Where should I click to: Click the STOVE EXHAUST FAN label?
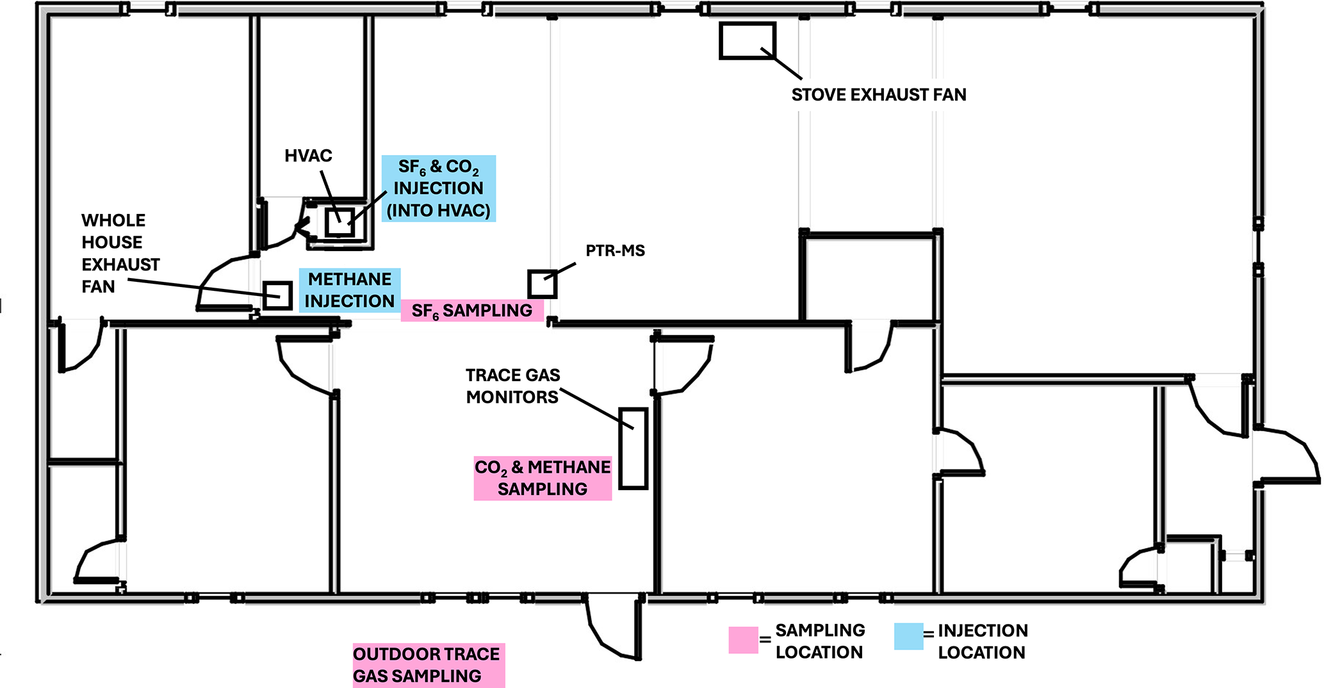tap(878, 95)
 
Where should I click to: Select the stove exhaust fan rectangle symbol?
tap(747, 41)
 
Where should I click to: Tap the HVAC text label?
tap(308, 156)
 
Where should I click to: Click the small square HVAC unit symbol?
tap(339, 222)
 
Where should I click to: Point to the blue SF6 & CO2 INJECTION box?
tap(439, 188)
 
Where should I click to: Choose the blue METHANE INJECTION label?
tap(350, 290)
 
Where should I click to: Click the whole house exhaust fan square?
tap(277, 295)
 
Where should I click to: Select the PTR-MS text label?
tap(615, 250)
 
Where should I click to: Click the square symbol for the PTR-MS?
tap(542, 284)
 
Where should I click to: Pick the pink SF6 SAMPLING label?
tap(472, 311)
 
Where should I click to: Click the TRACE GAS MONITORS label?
tap(512, 386)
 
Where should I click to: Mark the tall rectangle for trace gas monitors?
tap(633, 448)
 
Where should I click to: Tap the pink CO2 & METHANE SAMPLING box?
tap(543, 478)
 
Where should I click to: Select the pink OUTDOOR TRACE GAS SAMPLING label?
tap(428, 665)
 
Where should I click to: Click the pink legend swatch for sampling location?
tap(743, 640)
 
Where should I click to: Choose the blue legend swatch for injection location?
tap(908, 637)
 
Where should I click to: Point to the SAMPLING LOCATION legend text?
tap(819, 641)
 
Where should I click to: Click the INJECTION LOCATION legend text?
tap(982, 641)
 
